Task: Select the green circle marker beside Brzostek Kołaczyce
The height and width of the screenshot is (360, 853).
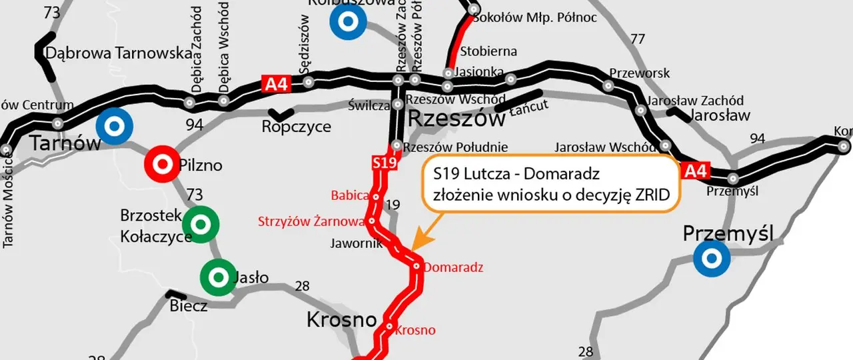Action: point(201,225)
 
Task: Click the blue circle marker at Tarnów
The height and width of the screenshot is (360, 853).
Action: point(114,126)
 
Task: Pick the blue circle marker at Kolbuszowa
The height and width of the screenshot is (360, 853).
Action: point(347,21)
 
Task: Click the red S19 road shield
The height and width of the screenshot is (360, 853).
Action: point(384,163)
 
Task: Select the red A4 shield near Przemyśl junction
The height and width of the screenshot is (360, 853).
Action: point(694,171)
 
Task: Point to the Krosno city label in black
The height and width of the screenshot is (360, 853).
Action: point(342,320)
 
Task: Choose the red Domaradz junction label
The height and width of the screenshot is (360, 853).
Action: point(453,268)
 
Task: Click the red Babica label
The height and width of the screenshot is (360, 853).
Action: point(350,195)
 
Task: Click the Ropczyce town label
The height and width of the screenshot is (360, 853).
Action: point(297,127)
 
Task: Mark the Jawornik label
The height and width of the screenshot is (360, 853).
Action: point(357,243)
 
